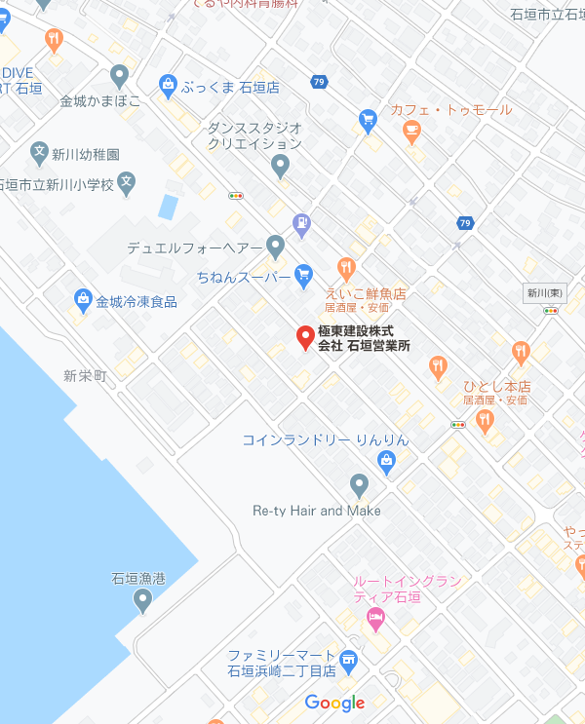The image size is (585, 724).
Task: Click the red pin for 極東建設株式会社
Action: point(305,337)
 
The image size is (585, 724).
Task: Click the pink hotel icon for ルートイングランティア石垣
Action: point(374,618)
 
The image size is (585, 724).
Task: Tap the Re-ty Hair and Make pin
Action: point(360,484)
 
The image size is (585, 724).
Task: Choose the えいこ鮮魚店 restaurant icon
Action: point(345,268)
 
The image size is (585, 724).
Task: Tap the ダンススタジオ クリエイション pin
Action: point(281,166)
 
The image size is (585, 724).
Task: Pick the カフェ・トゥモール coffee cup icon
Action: point(412,132)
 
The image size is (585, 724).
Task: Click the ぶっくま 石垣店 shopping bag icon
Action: point(168,86)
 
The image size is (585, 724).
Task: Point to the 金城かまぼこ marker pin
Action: point(120,74)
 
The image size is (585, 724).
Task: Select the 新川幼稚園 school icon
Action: point(39,153)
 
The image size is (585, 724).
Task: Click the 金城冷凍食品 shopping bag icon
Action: point(82,300)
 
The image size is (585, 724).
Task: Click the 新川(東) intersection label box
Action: point(544,292)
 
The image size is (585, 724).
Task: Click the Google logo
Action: point(334,703)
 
